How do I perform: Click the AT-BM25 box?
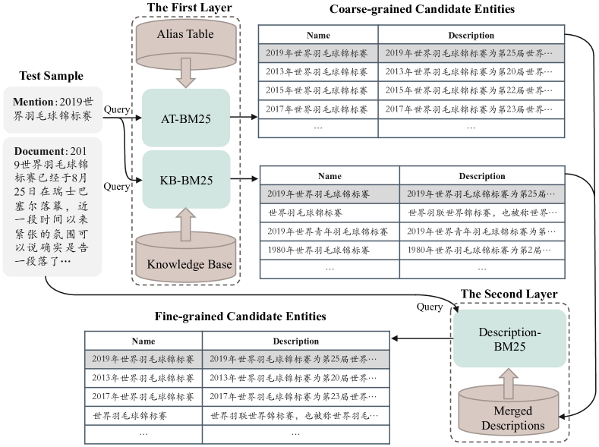pyautogui.click(x=186, y=118)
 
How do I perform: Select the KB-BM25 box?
pyautogui.click(x=187, y=179)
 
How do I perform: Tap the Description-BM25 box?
pyautogui.click(x=509, y=338)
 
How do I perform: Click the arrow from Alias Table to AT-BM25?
pyautogui.click(x=186, y=73)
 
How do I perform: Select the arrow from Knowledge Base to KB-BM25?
pyautogui.click(x=186, y=225)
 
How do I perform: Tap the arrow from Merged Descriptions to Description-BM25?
pyautogui.click(x=509, y=384)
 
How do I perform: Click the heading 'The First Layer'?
pyautogui.click(x=190, y=8)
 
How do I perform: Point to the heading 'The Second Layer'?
pyautogui.click(x=509, y=294)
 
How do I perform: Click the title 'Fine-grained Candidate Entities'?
pyautogui.click(x=241, y=316)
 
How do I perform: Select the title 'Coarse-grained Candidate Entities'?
pyautogui.click(x=422, y=9)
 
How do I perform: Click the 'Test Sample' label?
pyautogui.click(x=51, y=76)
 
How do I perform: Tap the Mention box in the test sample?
pyautogui.click(x=53, y=109)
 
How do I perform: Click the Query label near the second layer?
pyautogui.click(x=430, y=307)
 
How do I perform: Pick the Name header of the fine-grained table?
pyautogui.click(x=143, y=341)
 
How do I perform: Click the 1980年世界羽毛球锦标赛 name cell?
pyautogui.click(x=318, y=250)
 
